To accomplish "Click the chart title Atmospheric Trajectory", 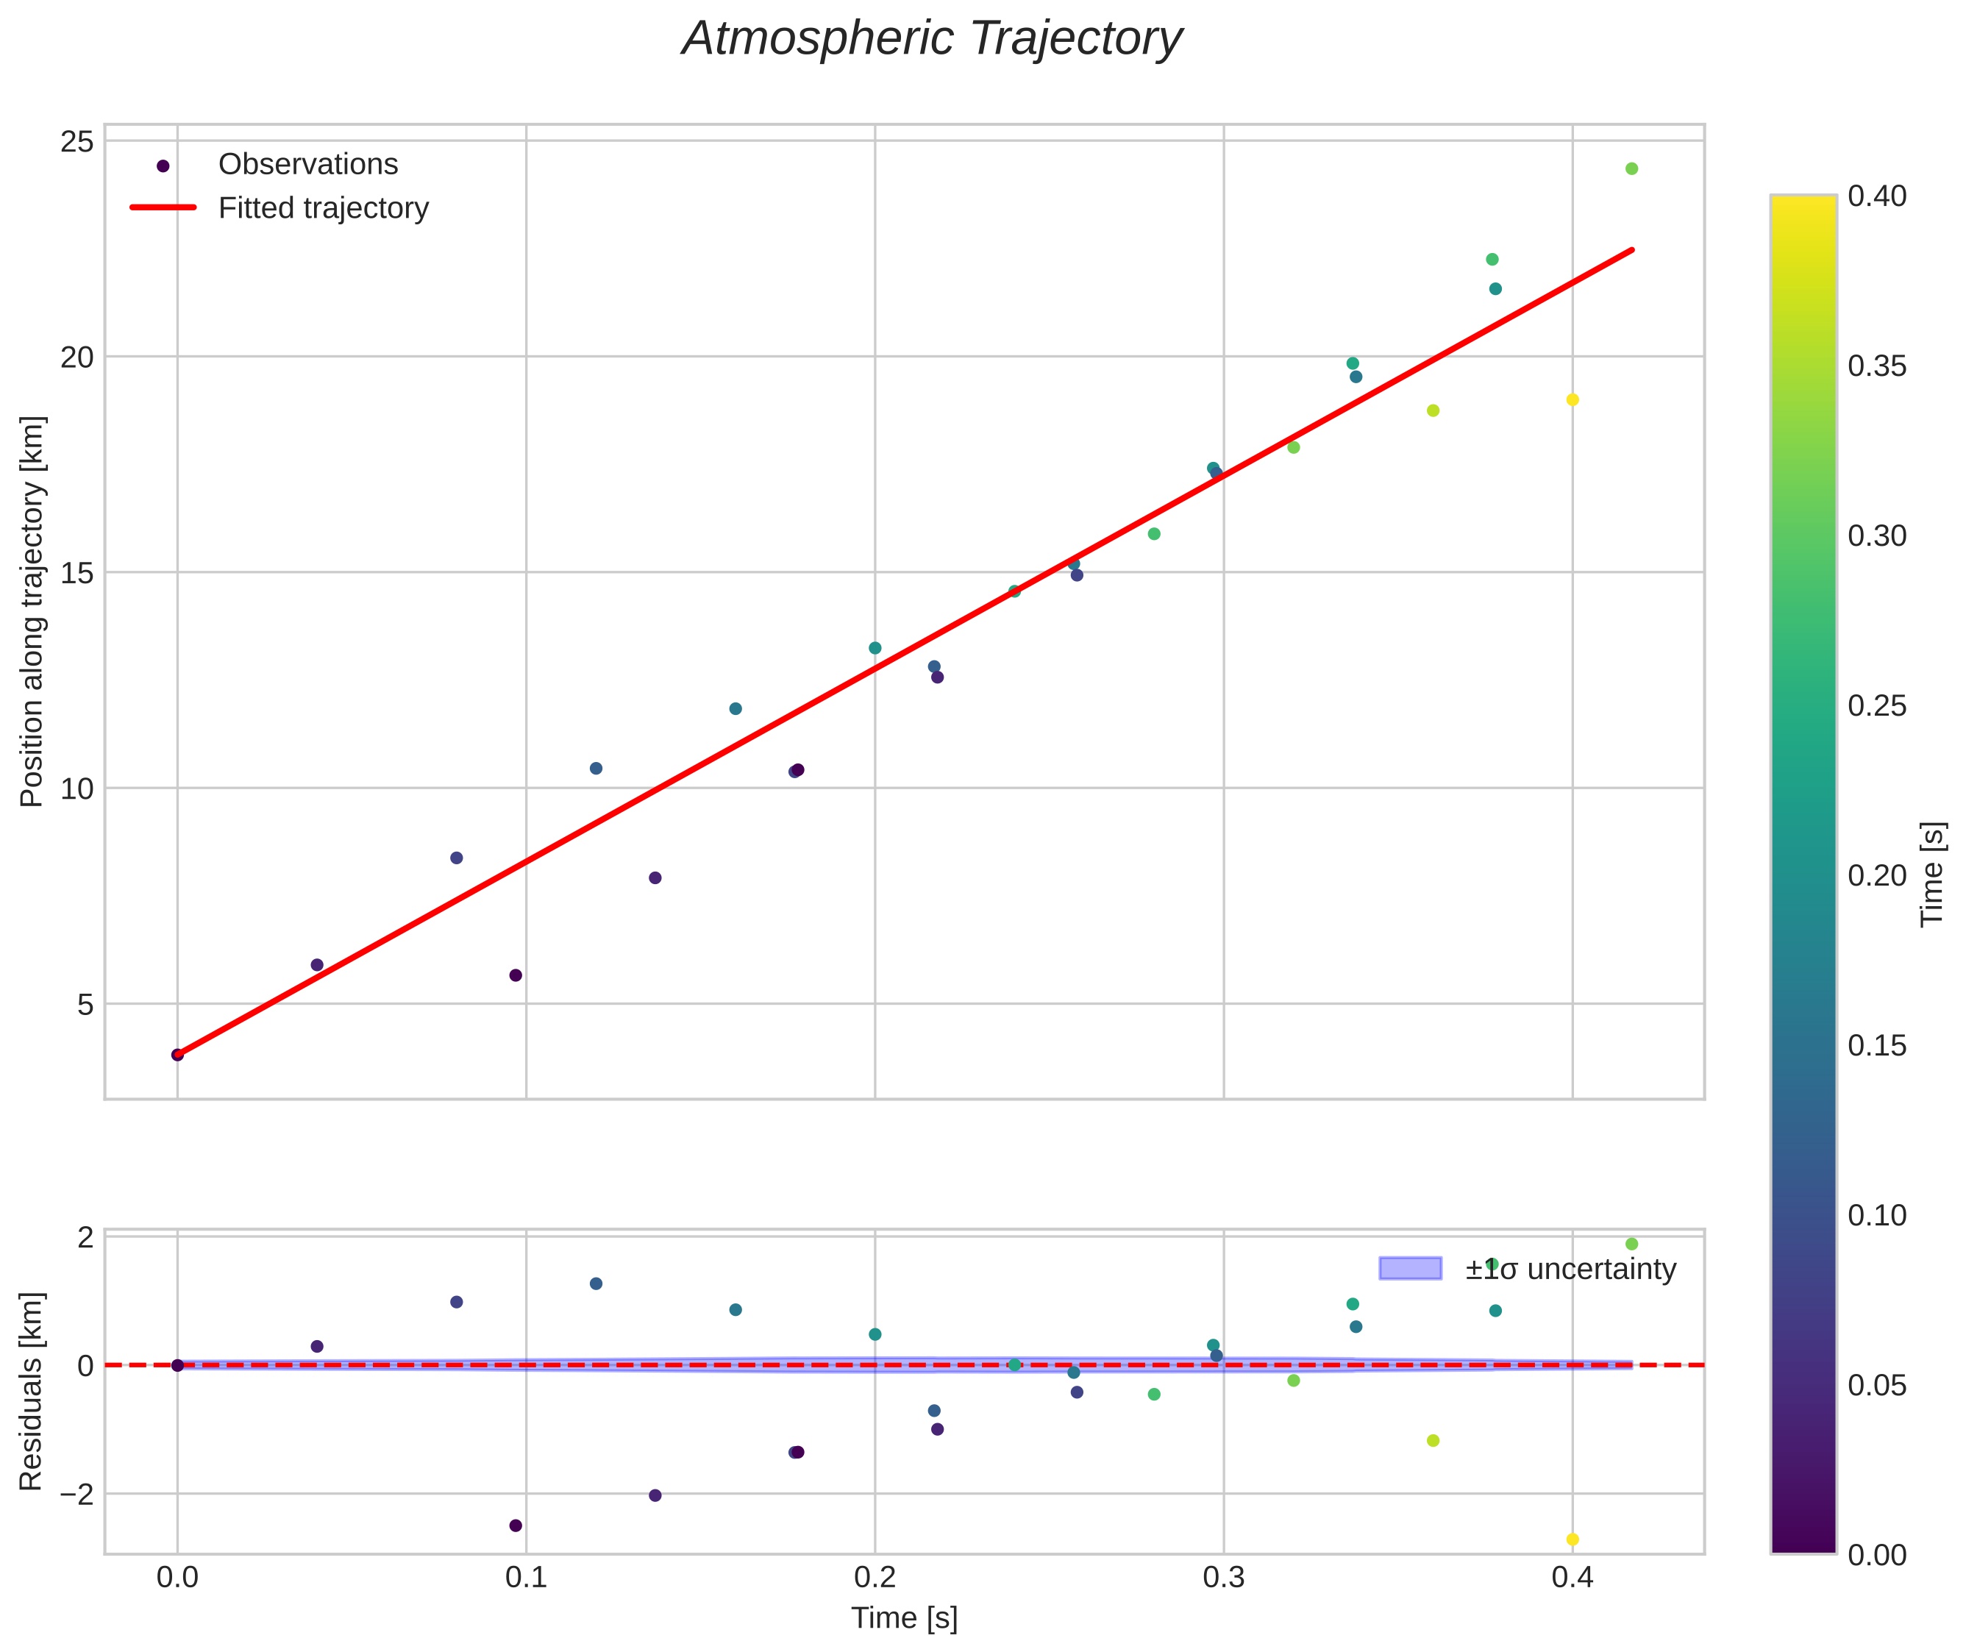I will tap(932, 39).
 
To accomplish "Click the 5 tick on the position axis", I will tap(85, 1005).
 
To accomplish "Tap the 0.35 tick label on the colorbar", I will tap(1877, 366).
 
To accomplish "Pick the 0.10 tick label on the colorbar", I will tap(1877, 1216).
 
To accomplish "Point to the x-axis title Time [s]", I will tap(904, 1618).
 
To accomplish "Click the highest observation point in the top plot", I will tap(1631, 168).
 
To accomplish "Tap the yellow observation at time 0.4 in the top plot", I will tap(1573, 400).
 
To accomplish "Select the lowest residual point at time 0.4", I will tap(1573, 1539).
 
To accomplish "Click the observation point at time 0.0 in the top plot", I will tap(177, 1055).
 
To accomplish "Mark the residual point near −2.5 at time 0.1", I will tap(515, 1525).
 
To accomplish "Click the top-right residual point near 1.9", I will tap(1631, 1244).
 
